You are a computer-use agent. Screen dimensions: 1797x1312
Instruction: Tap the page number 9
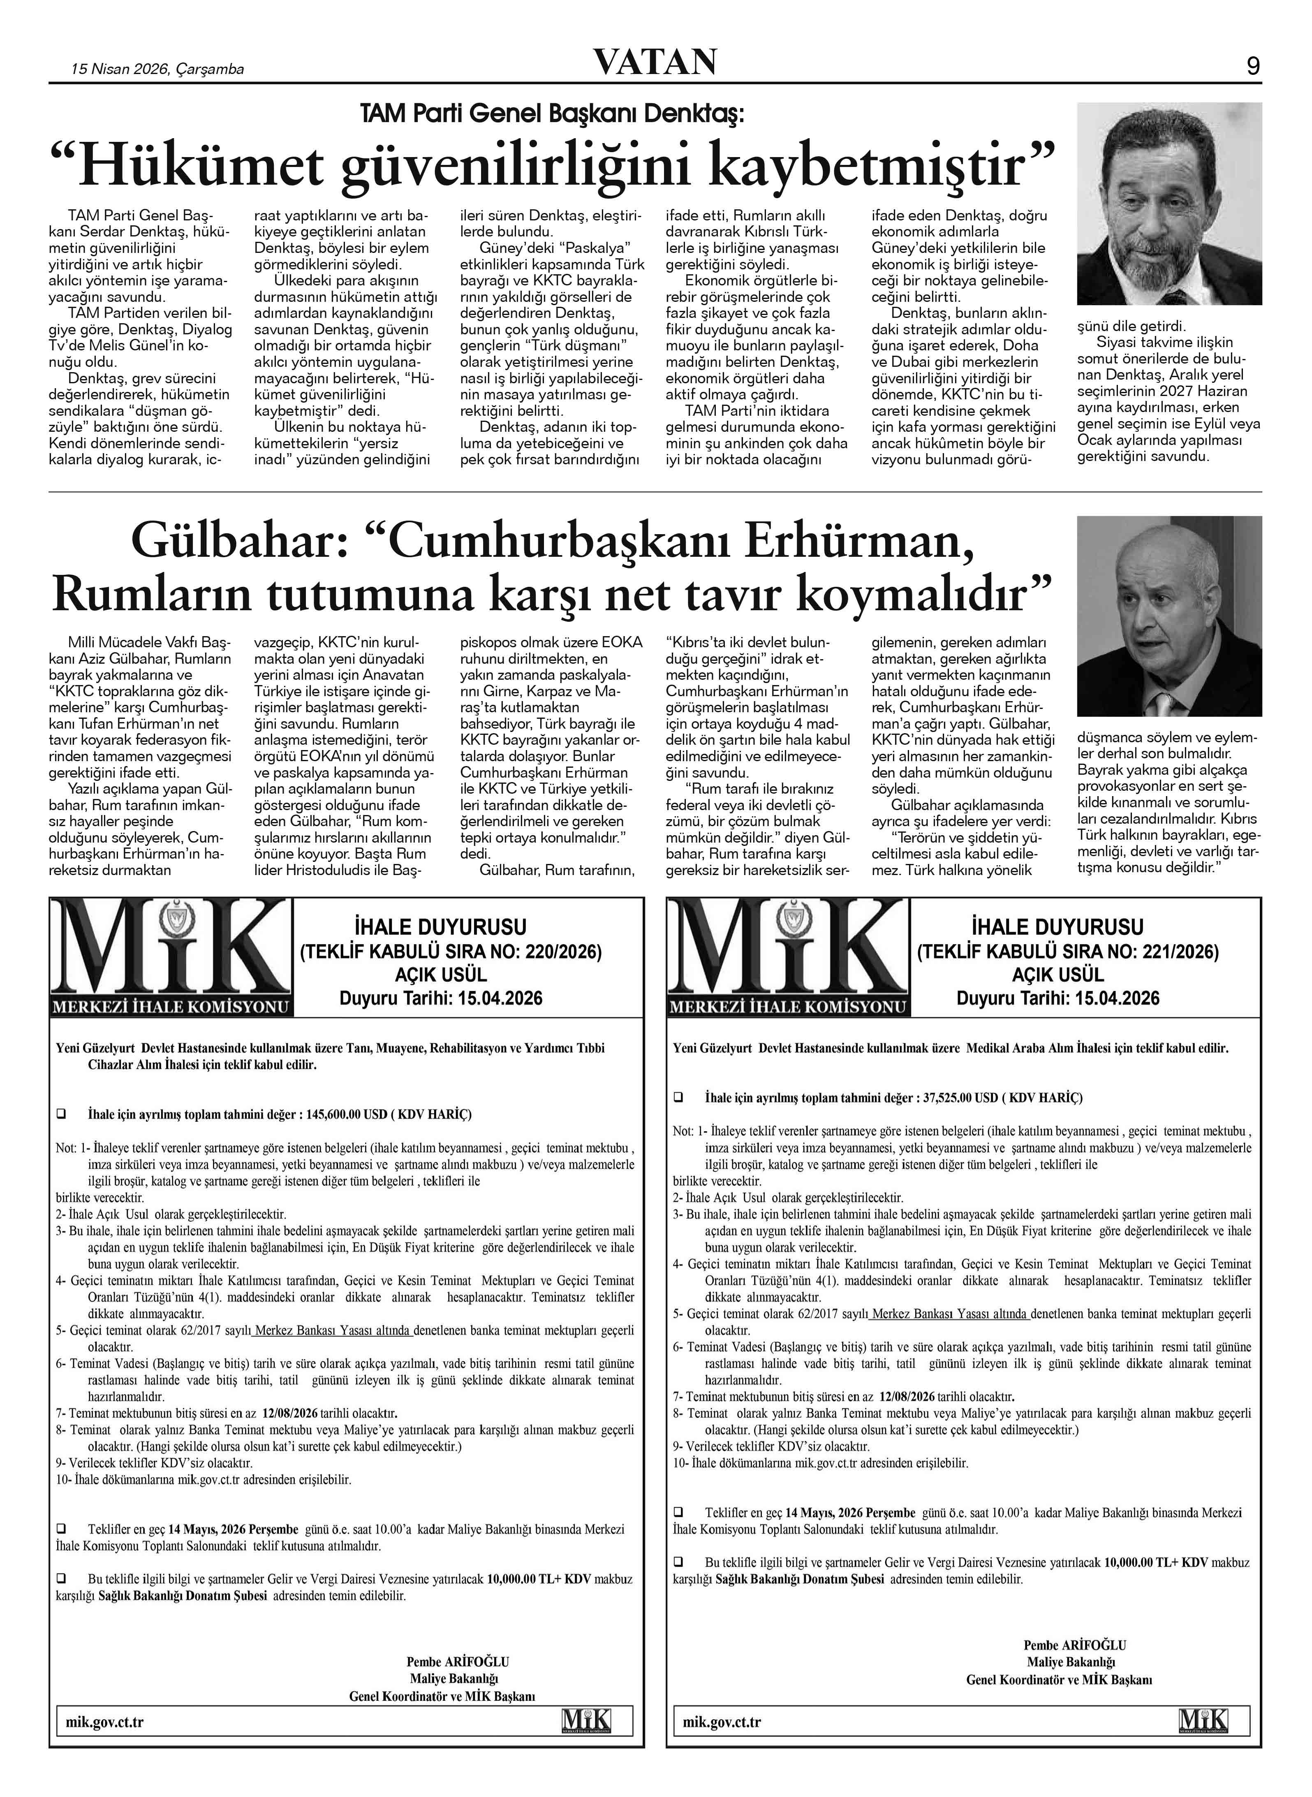click(1253, 67)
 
